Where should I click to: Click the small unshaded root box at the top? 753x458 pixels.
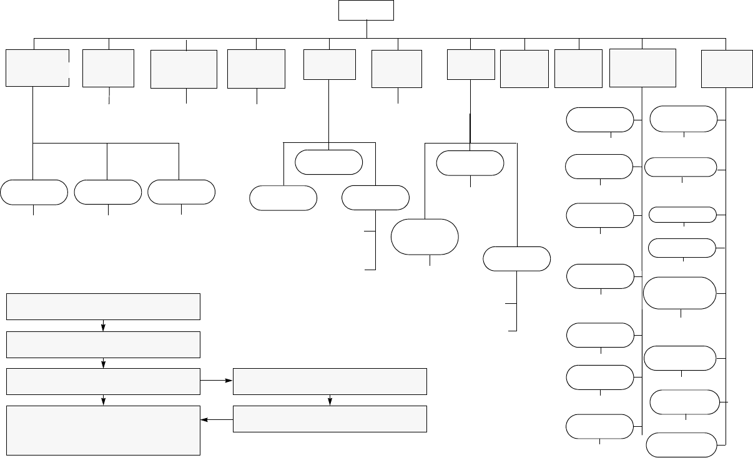(366, 10)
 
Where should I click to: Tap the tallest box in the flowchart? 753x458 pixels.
(103, 430)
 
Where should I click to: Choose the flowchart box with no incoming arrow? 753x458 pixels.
(103, 306)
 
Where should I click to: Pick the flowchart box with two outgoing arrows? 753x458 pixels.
(103, 381)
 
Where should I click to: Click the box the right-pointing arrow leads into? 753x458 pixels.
(330, 381)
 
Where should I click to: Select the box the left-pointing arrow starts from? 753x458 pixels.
(330, 419)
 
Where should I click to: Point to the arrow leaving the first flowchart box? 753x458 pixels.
(103, 326)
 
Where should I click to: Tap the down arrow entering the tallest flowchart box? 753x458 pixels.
(103, 401)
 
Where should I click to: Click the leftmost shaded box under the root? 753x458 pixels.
(37, 67)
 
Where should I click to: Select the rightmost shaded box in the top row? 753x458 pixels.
(726, 68)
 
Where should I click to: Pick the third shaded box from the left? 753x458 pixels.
(184, 69)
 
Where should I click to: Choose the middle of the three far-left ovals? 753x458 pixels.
(107, 192)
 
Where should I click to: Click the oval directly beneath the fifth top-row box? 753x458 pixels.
(329, 162)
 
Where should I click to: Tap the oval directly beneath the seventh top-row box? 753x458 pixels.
(470, 163)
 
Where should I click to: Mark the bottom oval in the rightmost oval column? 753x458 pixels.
(681, 444)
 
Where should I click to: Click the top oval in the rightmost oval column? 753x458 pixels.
(684, 119)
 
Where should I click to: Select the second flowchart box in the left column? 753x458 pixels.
(103, 344)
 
